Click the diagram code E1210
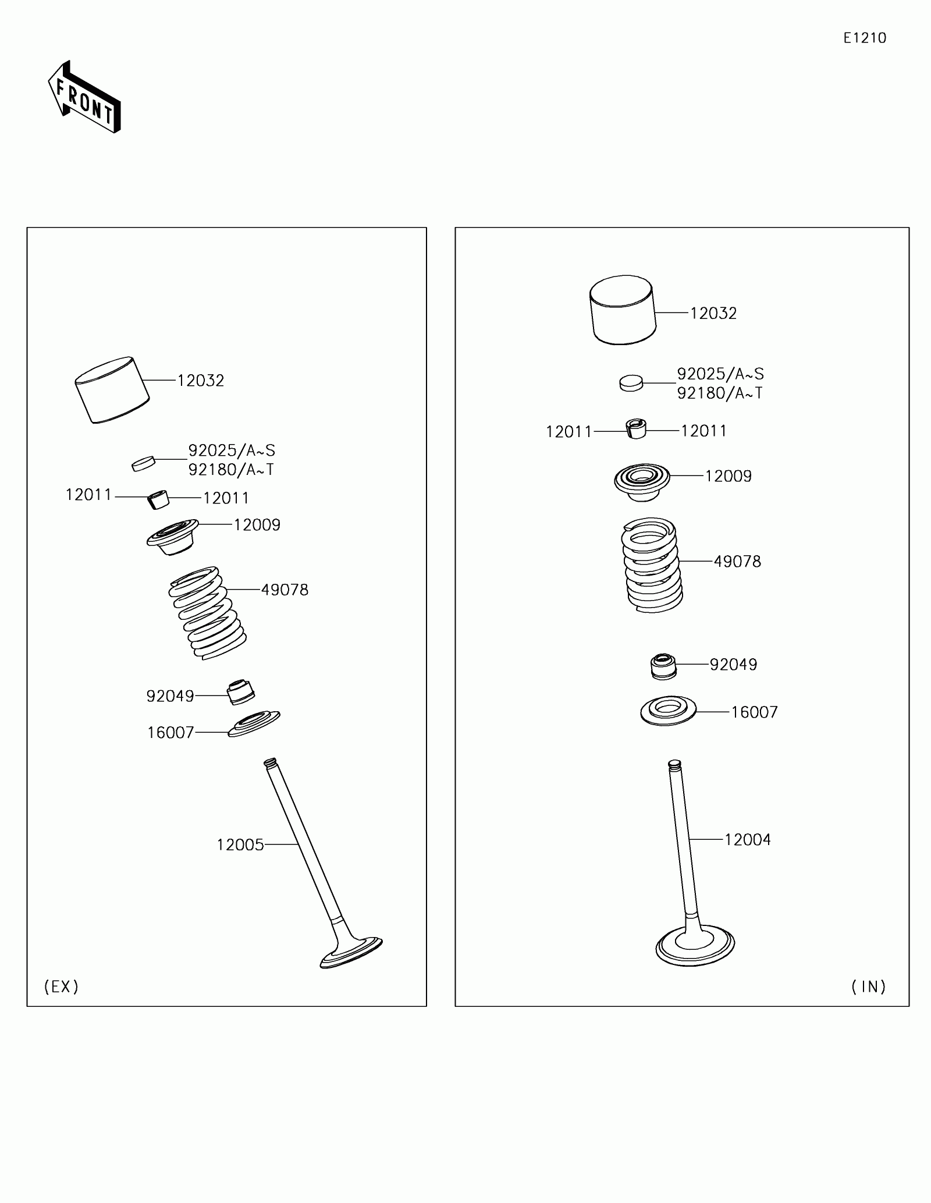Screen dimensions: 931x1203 tap(865, 38)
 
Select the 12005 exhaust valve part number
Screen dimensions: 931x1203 tap(240, 845)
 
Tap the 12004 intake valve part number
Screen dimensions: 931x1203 tap(747, 840)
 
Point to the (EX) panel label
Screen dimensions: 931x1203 tap(61, 986)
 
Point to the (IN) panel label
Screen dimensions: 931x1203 tap(868, 986)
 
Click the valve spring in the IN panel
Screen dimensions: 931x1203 tap(651, 565)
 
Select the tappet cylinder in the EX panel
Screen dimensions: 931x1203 tap(112, 390)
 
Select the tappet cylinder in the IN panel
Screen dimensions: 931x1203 tap(623, 310)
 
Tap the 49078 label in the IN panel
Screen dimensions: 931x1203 tap(737, 562)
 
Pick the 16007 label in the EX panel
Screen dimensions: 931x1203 tap(170, 733)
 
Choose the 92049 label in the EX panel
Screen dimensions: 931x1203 tap(170, 696)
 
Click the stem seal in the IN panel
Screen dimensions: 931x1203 tap(663, 666)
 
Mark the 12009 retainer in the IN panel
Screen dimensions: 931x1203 tap(642, 482)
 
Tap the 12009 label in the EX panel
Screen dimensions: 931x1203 tap(257, 525)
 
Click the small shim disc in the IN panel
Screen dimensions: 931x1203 tap(631, 383)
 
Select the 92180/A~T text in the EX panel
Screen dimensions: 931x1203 tap(231, 470)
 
